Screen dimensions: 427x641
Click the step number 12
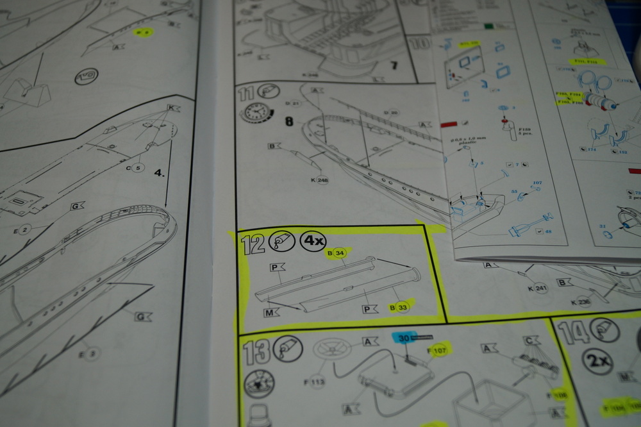point(253,244)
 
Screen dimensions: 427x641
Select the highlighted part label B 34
point(337,253)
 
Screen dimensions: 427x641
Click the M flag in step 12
point(271,312)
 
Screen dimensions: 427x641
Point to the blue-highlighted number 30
point(404,337)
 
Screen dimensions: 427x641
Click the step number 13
point(254,352)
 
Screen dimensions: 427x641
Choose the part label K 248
point(319,180)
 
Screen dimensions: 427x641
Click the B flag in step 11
point(274,146)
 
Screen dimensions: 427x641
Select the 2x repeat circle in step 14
point(598,361)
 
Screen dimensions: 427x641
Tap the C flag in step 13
point(530,340)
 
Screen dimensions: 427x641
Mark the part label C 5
point(136,168)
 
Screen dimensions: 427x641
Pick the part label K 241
point(537,288)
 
